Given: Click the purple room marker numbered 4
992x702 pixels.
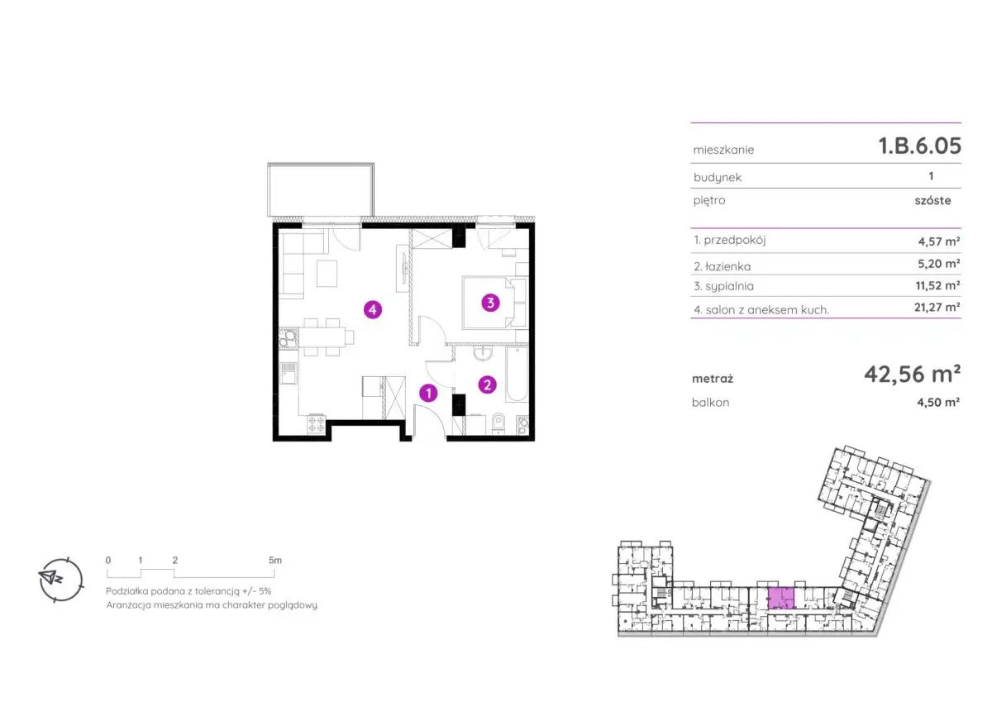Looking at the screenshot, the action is (373, 309).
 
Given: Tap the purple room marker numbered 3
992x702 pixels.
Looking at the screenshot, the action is (490, 303).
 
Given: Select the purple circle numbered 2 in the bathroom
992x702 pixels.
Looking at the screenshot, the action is (487, 384).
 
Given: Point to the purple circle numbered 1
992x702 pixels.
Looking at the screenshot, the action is (428, 393).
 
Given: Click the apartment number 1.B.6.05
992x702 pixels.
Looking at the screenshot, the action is (919, 146).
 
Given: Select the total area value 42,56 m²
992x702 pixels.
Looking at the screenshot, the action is (913, 375).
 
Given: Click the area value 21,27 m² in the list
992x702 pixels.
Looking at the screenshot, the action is (937, 307).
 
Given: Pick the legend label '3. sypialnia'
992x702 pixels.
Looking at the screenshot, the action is (723, 286).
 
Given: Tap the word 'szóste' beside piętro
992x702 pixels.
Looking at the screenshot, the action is (932, 201).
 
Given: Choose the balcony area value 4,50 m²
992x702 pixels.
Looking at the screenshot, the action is (938, 402).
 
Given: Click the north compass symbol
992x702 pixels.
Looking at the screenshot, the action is (60, 580).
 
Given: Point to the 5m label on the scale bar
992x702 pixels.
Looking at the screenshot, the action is (275, 561).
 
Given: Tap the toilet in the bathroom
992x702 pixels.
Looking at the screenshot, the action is (498, 423).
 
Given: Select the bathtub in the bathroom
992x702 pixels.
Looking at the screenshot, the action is (517, 375).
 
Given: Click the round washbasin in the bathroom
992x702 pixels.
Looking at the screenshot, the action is (482, 353).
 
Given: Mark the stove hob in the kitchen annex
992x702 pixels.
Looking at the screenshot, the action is (316, 424).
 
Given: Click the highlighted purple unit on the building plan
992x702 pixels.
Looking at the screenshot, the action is (780, 598).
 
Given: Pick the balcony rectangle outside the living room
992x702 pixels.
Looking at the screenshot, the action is (321, 190).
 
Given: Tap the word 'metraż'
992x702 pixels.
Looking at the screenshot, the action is (713, 380).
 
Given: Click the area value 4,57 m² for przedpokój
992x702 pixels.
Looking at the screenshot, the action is (939, 241).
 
